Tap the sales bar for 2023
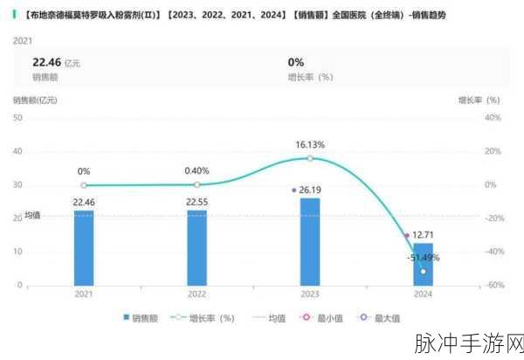[310, 241]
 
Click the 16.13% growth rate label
[310, 144]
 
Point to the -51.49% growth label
[423, 258]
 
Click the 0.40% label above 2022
[196, 171]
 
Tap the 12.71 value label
[424, 235]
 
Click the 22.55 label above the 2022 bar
[196, 202]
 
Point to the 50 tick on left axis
[17, 117]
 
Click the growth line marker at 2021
[84, 185]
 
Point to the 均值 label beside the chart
[32, 215]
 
